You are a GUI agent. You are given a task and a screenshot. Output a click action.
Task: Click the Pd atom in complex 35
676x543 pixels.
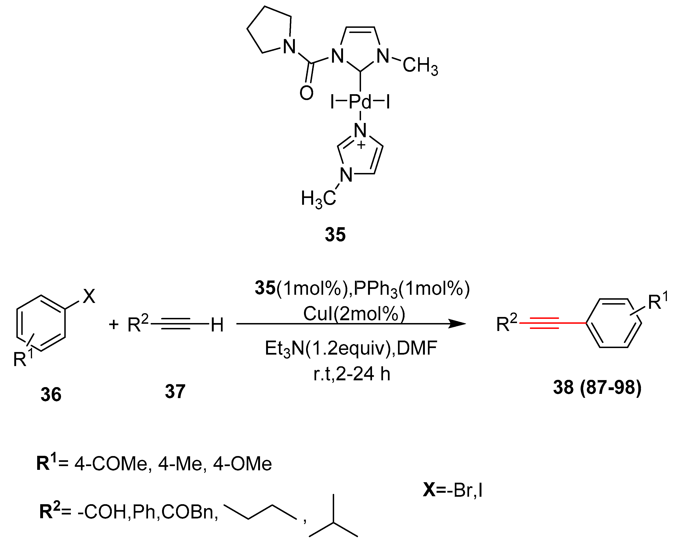pyautogui.click(x=360, y=102)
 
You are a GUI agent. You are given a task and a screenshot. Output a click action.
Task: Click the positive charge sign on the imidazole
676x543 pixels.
pyautogui.click(x=361, y=145)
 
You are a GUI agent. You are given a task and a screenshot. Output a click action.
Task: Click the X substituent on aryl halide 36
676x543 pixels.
pyautogui.click(x=89, y=296)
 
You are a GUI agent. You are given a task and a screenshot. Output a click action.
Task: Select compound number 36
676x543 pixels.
pyautogui.click(x=51, y=394)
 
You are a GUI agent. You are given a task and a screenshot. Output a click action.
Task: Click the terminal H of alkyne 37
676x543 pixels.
pyautogui.click(x=217, y=325)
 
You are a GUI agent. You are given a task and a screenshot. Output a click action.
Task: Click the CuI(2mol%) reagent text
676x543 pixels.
pyautogui.click(x=354, y=313)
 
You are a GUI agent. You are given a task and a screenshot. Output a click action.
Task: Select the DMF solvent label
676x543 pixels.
pyautogui.click(x=417, y=348)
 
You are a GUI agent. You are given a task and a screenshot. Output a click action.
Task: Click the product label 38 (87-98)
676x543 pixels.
pyautogui.click(x=597, y=388)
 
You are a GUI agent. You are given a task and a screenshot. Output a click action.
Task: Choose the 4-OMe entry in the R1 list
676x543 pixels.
pyautogui.click(x=242, y=464)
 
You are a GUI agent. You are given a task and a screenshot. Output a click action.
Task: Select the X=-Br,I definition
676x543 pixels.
pyautogui.click(x=452, y=490)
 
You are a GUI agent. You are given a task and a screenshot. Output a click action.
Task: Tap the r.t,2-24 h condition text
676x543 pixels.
pyautogui.click(x=351, y=374)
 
